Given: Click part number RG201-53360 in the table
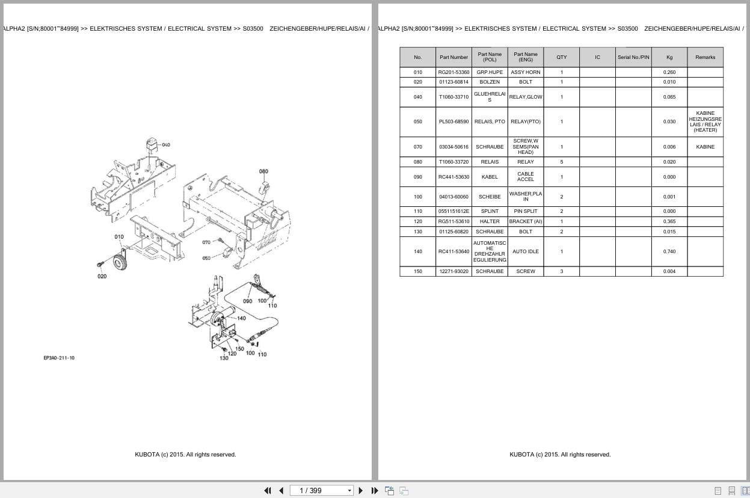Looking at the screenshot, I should click(453, 72).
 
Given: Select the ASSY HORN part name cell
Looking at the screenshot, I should click(525, 72).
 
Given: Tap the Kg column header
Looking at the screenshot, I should click(669, 57).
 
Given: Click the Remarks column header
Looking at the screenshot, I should click(705, 57).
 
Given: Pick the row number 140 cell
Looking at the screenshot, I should click(417, 251).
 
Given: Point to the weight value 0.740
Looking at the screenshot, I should click(669, 251).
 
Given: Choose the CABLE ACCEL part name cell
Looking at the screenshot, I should click(525, 177).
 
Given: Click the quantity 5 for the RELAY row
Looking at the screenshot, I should click(561, 162).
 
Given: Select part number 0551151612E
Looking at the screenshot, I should click(453, 211).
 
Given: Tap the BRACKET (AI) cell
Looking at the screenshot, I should click(525, 221).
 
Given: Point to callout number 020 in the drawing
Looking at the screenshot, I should click(102, 276).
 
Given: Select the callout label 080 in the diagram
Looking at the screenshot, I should click(263, 171).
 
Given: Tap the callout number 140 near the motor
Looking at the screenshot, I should click(241, 318).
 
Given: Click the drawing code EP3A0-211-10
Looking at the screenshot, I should click(59, 358).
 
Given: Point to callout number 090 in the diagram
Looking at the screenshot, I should click(247, 301).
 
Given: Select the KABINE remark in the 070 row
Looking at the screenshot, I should click(705, 147).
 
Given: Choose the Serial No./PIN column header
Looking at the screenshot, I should click(633, 57).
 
